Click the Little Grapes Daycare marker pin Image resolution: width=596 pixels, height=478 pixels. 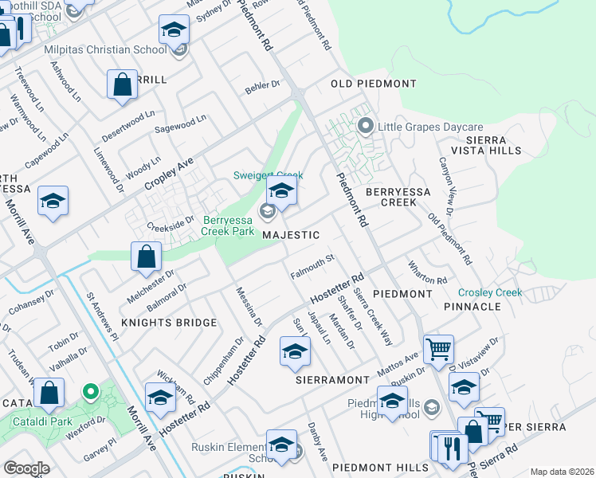(366, 126)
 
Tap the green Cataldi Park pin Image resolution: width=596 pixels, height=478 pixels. (91, 392)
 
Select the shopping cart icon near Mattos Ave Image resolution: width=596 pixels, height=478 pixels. (438, 349)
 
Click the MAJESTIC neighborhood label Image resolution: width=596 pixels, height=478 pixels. (291, 235)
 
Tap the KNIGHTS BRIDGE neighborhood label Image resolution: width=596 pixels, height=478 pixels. (169, 323)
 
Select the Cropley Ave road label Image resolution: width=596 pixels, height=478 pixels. (169, 172)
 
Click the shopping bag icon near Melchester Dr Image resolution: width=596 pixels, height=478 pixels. (147, 257)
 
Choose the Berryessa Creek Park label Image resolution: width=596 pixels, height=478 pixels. (228, 225)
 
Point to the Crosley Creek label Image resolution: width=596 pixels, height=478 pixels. (490, 292)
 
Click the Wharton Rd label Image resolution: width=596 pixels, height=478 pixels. (428, 274)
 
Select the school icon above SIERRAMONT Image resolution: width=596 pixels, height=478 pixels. (294, 351)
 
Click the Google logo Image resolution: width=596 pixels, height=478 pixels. (26, 468)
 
